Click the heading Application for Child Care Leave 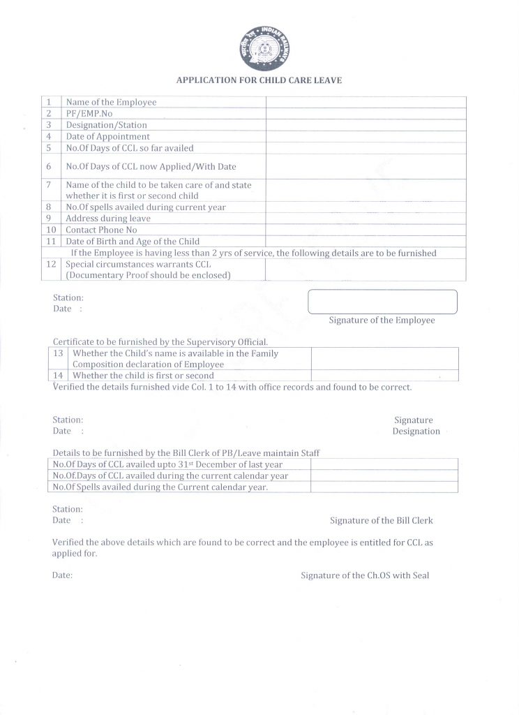pyautogui.click(x=259, y=80)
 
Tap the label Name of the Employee pyautogui.click(x=111, y=102)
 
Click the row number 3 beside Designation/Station pyautogui.click(x=49, y=125)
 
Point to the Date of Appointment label pyautogui.click(x=107, y=137)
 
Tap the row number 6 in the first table pyautogui.click(x=49, y=167)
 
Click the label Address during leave pyautogui.click(x=107, y=219)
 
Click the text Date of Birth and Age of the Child pyautogui.click(x=133, y=242)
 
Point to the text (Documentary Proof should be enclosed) pyautogui.click(x=148, y=275)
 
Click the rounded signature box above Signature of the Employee pyautogui.click(x=382, y=302)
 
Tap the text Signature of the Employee pyautogui.click(x=382, y=320)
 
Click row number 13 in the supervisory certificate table pyautogui.click(x=59, y=353)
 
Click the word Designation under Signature pyautogui.click(x=416, y=432)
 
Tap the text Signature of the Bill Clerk pyautogui.click(x=381, y=521)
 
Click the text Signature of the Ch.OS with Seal pyautogui.click(x=365, y=576)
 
